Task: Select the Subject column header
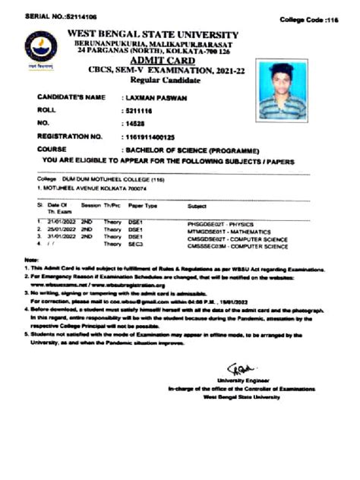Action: pos(197,206)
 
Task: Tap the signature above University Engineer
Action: pos(238,367)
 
